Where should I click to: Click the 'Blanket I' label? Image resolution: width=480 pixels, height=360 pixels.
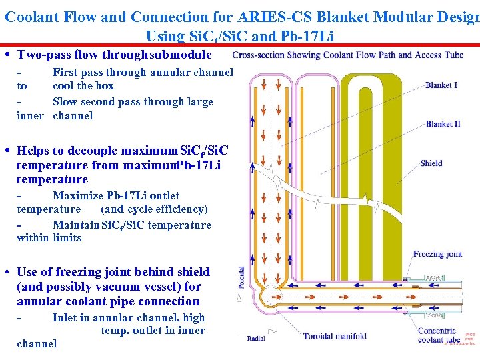441,85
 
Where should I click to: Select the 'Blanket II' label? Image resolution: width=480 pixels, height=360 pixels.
443,124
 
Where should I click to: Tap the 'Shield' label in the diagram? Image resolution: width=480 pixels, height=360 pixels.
431,163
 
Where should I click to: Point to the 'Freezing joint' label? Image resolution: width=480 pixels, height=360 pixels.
437,254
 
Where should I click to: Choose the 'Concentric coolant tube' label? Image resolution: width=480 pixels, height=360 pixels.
438,335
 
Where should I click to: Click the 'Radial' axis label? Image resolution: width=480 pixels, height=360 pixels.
256,339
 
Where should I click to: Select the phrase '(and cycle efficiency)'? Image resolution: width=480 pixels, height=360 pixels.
154,209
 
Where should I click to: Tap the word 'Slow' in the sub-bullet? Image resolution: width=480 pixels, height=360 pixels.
65,102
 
